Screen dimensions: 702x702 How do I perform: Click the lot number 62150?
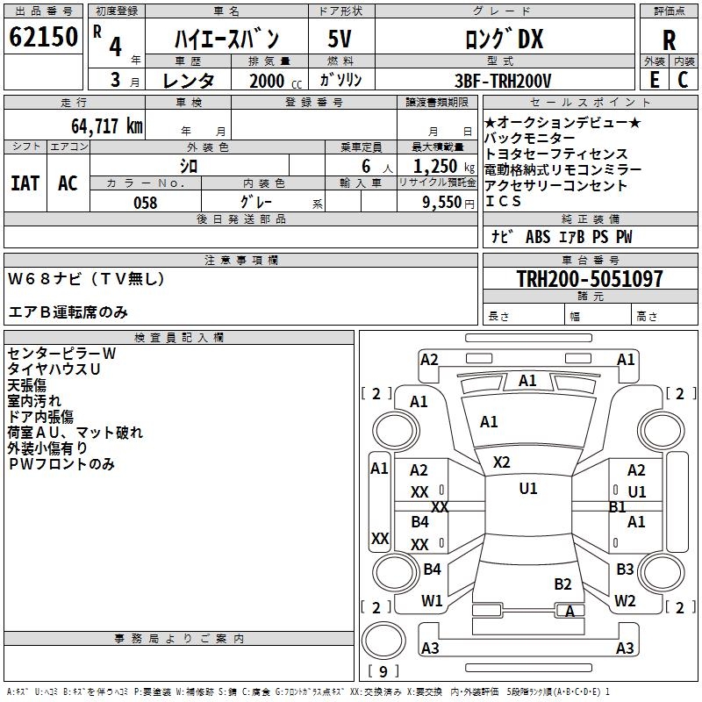pyautogui.click(x=43, y=37)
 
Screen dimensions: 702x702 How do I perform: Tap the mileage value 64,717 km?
pyautogui.click(x=107, y=126)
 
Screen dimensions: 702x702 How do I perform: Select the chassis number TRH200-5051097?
pyautogui.click(x=590, y=278)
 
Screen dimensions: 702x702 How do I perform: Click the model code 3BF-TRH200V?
pyautogui.click(x=503, y=81)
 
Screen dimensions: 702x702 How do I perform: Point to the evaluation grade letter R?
pyautogui.click(x=669, y=40)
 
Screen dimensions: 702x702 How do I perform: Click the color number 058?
pyautogui.click(x=146, y=203)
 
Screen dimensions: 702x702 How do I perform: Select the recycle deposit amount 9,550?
pyautogui.click(x=442, y=203)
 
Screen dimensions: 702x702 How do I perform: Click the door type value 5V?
pyautogui.click(x=340, y=39)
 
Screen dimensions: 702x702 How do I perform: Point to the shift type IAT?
pyautogui.click(x=25, y=183)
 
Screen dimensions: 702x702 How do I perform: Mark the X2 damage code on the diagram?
pyautogui.click(x=501, y=462)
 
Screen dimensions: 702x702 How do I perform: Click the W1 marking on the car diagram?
pyautogui.click(x=432, y=601)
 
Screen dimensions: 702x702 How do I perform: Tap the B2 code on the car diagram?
pyautogui.click(x=562, y=584)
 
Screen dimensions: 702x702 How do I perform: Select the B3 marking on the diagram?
pyautogui.click(x=625, y=569)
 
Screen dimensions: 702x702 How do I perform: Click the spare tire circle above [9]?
pyautogui.click(x=383, y=641)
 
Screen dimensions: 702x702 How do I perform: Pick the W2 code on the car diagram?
pyautogui.click(x=625, y=601)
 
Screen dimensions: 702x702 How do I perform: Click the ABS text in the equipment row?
pyautogui.click(x=538, y=237)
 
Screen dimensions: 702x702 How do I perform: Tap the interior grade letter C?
pyautogui.click(x=683, y=80)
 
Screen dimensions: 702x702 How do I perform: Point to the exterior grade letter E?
pyautogui.click(x=655, y=80)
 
